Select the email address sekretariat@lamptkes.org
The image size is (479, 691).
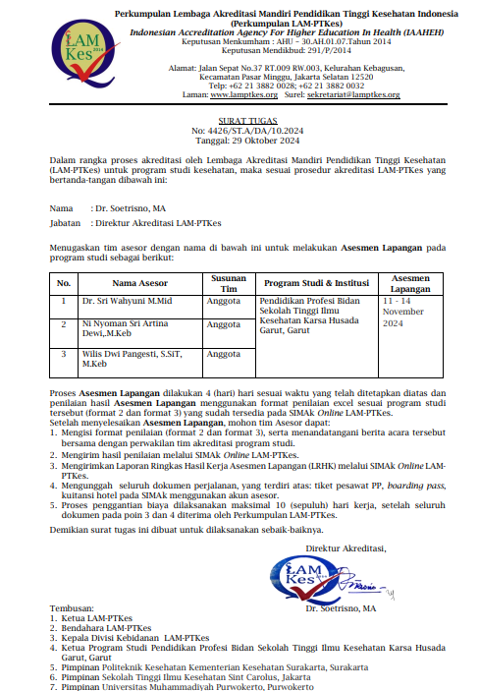pos(355,94)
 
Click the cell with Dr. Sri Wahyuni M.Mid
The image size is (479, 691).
pos(128,300)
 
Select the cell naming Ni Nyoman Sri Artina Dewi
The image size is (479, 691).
pos(124,327)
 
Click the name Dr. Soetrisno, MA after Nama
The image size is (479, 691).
pos(130,208)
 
